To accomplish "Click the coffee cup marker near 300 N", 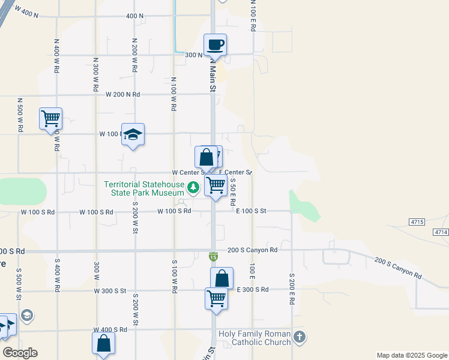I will pos(215,44).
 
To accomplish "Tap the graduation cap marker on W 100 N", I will pos(133,134).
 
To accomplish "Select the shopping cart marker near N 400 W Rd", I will pos(50,118).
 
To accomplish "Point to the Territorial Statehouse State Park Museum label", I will pos(143,188).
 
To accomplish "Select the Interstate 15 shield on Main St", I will pos(213,257).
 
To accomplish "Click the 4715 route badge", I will pos(417,222).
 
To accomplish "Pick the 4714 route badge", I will pos(441,232).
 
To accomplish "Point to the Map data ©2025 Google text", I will pos(412,355).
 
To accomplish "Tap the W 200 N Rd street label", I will pos(122,95).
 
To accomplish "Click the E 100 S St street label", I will pos(251,211).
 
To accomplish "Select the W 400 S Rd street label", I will pos(110,330).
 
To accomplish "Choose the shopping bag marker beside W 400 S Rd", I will pos(103,343).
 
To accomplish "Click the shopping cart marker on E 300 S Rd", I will pos(216,298).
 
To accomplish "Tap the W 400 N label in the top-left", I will pos(26,12).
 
